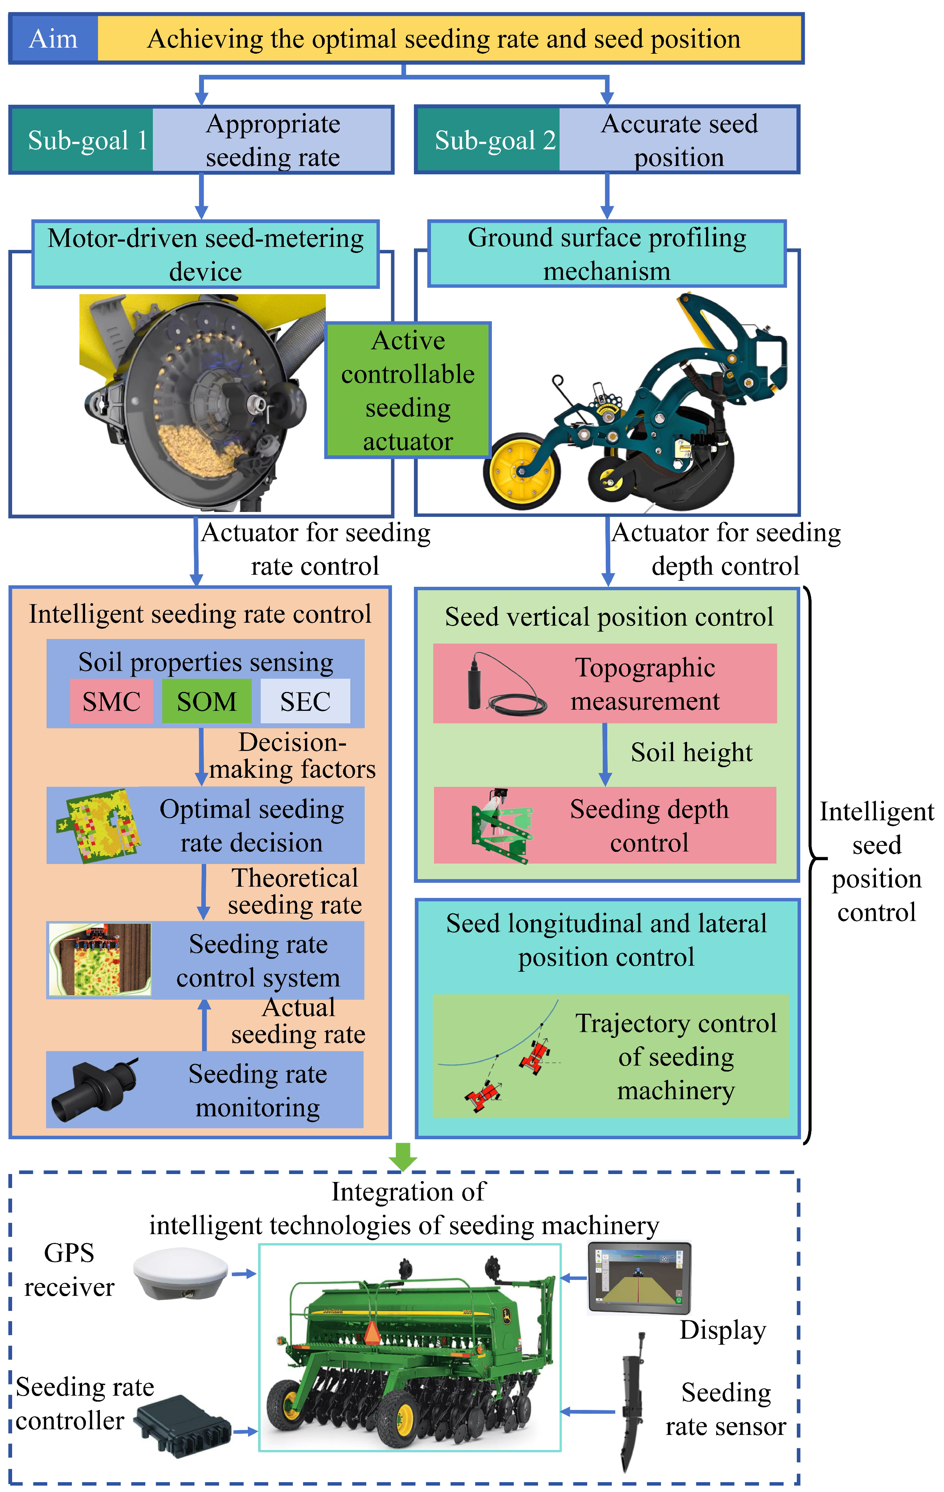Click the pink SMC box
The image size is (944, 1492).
coord(112,701)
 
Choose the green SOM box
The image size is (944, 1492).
coord(207,701)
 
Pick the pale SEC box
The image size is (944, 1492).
coord(305,701)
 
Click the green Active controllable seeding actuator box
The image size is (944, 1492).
coord(408,390)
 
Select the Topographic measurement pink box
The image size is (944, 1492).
coord(604,683)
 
